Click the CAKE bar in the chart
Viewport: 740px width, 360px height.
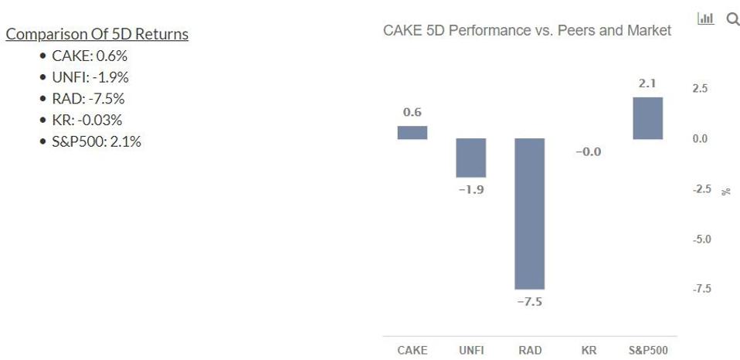tap(412, 132)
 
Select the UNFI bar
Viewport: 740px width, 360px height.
tap(471, 158)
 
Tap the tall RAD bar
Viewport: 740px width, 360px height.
tap(530, 213)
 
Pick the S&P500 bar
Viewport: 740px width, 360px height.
tap(647, 117)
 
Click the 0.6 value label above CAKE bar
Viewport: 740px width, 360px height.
tap(412, 113)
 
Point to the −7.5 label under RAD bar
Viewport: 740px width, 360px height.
tap(530, 301)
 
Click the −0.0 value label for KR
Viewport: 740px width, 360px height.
tap(589, 152)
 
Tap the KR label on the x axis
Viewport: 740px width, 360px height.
tap(589, 350)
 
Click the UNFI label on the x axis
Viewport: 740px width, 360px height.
tap(471, 350)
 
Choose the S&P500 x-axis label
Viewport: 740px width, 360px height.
tap(647, 350)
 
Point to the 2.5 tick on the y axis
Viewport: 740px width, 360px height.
tap(699, 89)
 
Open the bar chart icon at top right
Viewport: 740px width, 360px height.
tap(705, 19)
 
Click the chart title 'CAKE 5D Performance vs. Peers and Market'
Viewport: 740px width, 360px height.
tap(527, 31)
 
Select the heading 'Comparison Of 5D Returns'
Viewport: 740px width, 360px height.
tap(97, 34)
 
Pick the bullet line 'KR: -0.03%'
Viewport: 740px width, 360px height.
tap(87, 120)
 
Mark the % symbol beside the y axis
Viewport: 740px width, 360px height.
tap(725, 191)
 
